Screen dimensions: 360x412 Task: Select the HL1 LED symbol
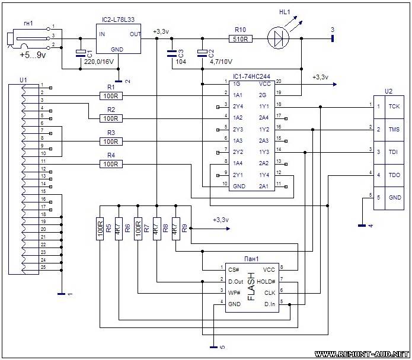277,39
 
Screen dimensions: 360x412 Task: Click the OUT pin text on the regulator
136,34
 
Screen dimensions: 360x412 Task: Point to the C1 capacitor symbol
81,54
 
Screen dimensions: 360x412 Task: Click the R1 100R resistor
111,96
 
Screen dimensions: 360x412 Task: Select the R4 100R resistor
111,163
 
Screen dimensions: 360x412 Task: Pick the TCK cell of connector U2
394,107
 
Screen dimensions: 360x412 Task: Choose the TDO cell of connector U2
394,175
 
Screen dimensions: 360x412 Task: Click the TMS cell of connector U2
394,129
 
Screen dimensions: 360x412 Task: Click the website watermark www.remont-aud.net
362,353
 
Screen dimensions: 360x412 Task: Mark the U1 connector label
23,79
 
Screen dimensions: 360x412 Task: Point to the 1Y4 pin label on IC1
263,175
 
